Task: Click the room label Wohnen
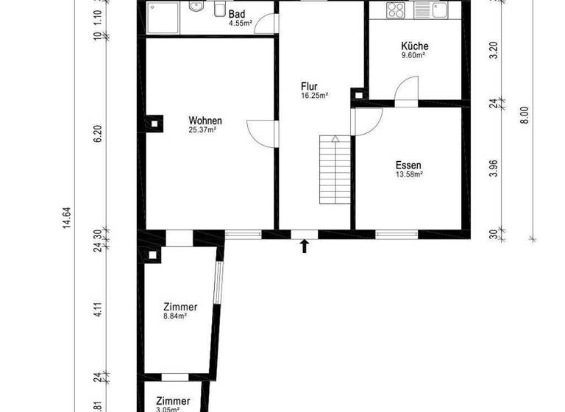tap(205, 121)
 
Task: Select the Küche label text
tap(414, 46)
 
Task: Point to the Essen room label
tap(408, 166)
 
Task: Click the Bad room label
tap(237, 14)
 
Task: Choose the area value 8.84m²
tap(174, 316)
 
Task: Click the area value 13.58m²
tap(408, 175)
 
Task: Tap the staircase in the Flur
tap(335, 171)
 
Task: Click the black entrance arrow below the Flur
tap(305, 246)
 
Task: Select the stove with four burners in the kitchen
tap(395, 10)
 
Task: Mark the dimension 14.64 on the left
tap(66, 219)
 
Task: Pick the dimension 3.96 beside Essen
tap(494, 168)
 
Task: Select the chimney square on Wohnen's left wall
tap(154, 124)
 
